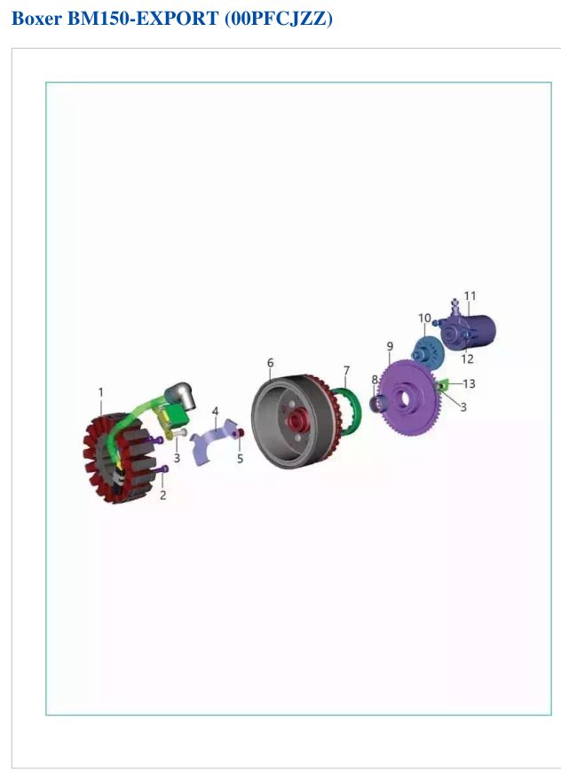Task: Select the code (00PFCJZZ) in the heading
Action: (279, 19)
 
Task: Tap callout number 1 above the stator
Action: (101, 392)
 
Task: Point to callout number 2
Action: (162, 495)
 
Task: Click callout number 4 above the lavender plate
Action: (215, 412)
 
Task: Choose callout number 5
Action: (240, 458)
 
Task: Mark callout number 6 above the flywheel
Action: (271, 363)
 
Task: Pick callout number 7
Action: (346, 371)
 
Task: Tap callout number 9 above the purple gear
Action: (390, 346)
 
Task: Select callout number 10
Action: (424, 318)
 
